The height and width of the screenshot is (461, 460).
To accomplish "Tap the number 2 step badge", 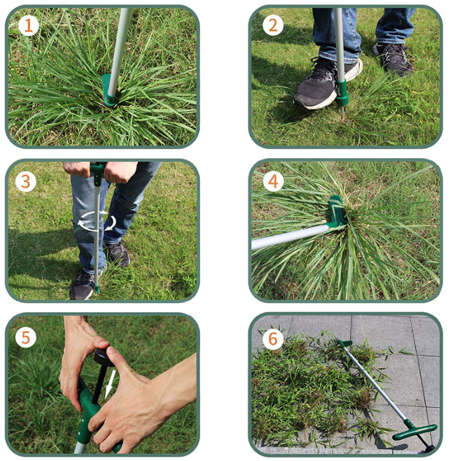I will click(273, 27).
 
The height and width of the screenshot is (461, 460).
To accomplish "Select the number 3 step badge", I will click(27, 183).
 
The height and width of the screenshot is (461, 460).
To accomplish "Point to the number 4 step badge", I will click(273, 183).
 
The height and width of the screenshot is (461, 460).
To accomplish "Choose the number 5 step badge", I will click(27, 337).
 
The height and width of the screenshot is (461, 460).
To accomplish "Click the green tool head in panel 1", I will click(111, 90).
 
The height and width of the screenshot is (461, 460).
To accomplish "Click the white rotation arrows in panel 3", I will click(97, 223).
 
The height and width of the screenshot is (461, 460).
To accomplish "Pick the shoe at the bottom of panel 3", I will click(83, 284).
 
